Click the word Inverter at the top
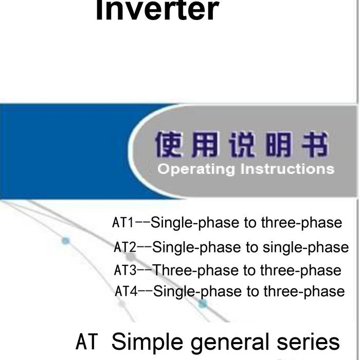pos(157,10)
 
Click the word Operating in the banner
pos(196,169)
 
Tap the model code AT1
pos(123,223)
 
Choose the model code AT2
pos(125,247)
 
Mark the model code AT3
pos(125,270)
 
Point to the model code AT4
pos(126,291)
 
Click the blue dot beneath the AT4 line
pos(203,304)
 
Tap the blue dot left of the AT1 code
pos(65,241)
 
